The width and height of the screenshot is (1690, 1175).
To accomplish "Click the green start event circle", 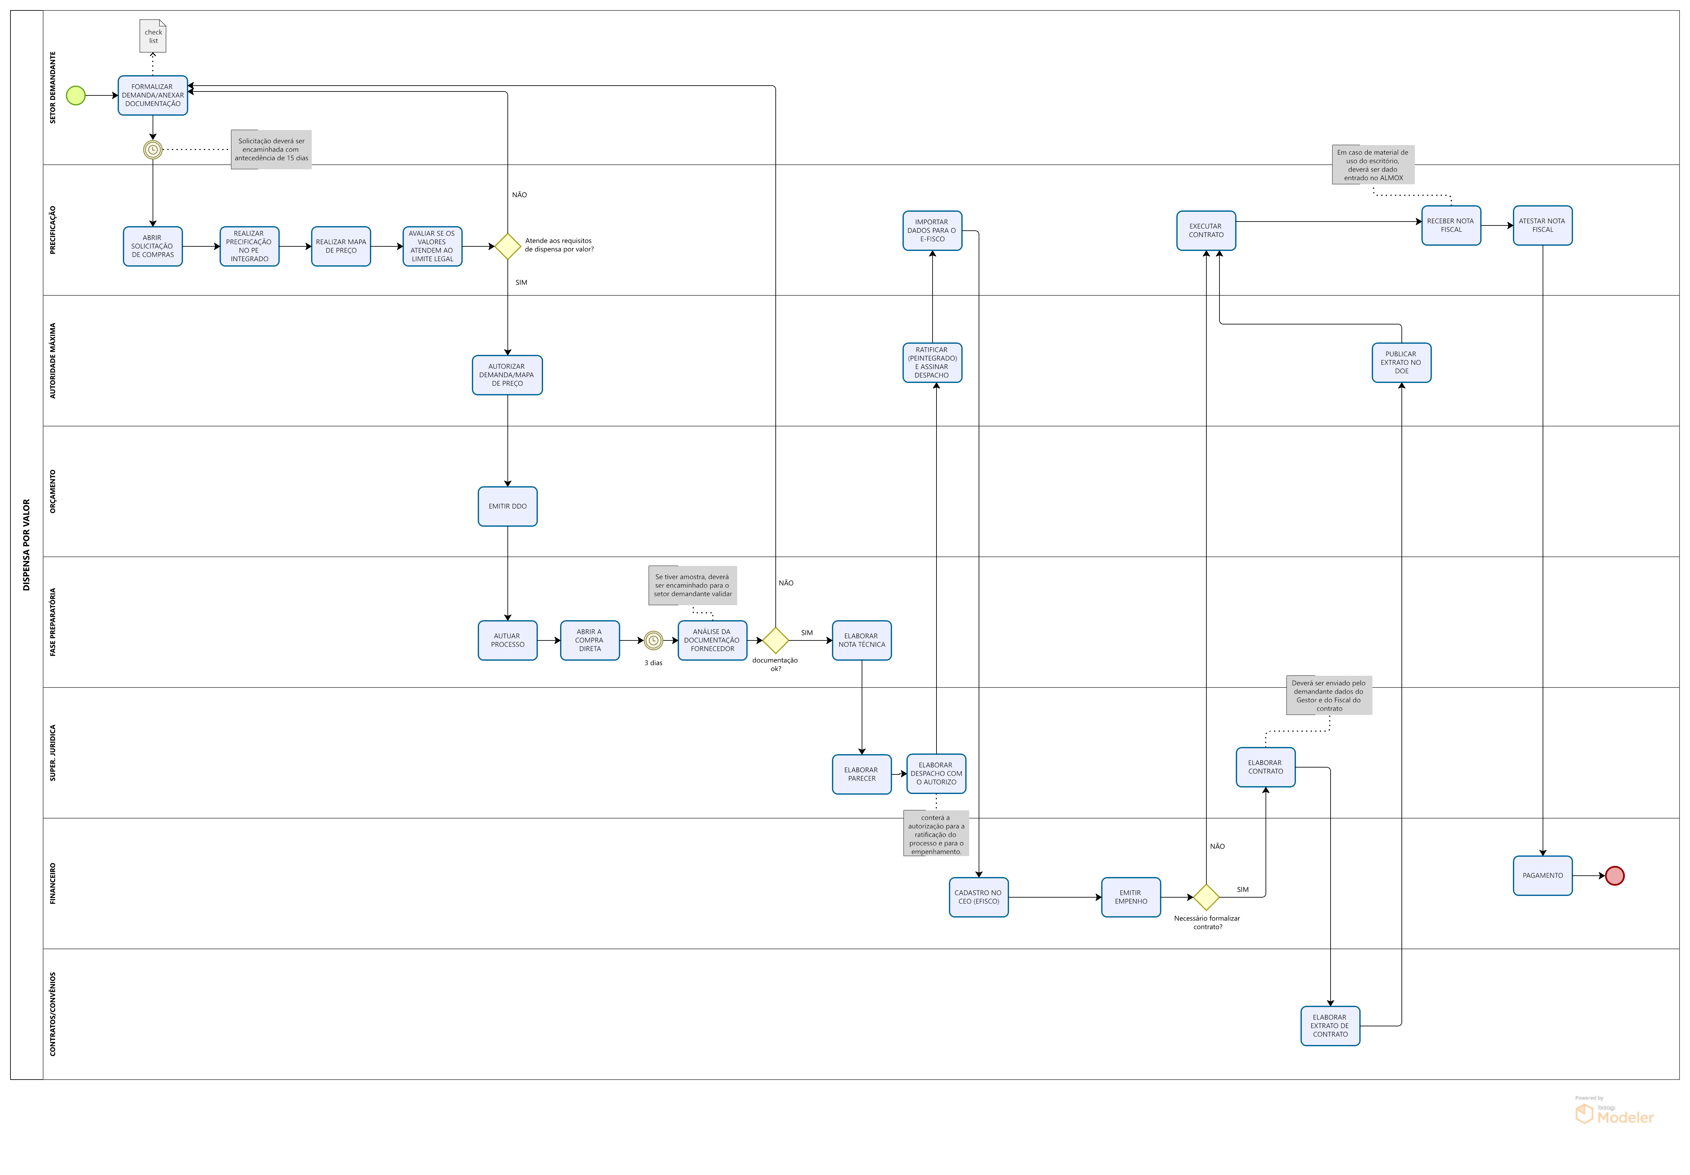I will pos(76,96).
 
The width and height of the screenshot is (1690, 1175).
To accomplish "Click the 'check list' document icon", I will pos(153,36).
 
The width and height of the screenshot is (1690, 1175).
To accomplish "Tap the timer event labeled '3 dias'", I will pos(653,640).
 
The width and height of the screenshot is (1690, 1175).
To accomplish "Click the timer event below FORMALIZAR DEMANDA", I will pos(152,149).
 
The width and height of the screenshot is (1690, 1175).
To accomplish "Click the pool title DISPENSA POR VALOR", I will pos(26,545).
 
